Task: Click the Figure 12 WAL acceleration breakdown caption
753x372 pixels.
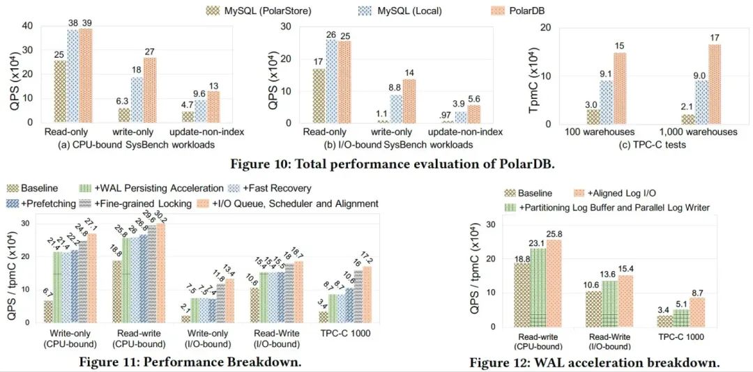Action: (x=594, y=363)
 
